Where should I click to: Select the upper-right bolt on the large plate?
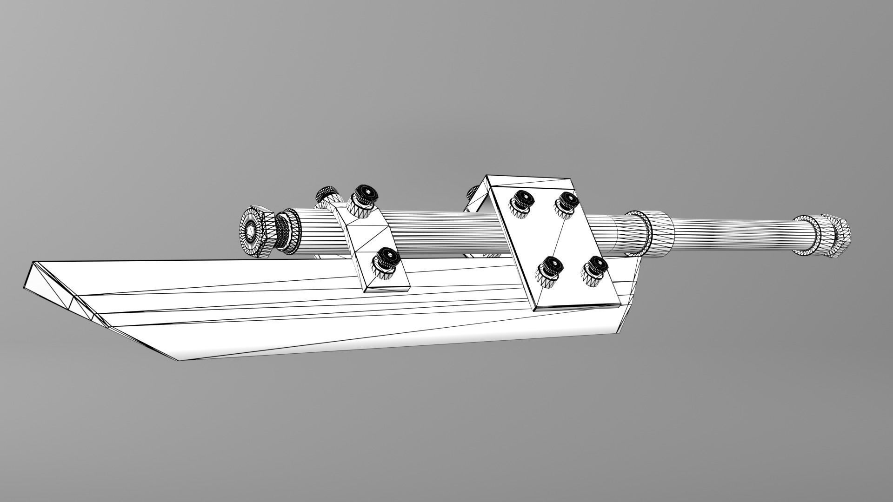click(566, 203)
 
